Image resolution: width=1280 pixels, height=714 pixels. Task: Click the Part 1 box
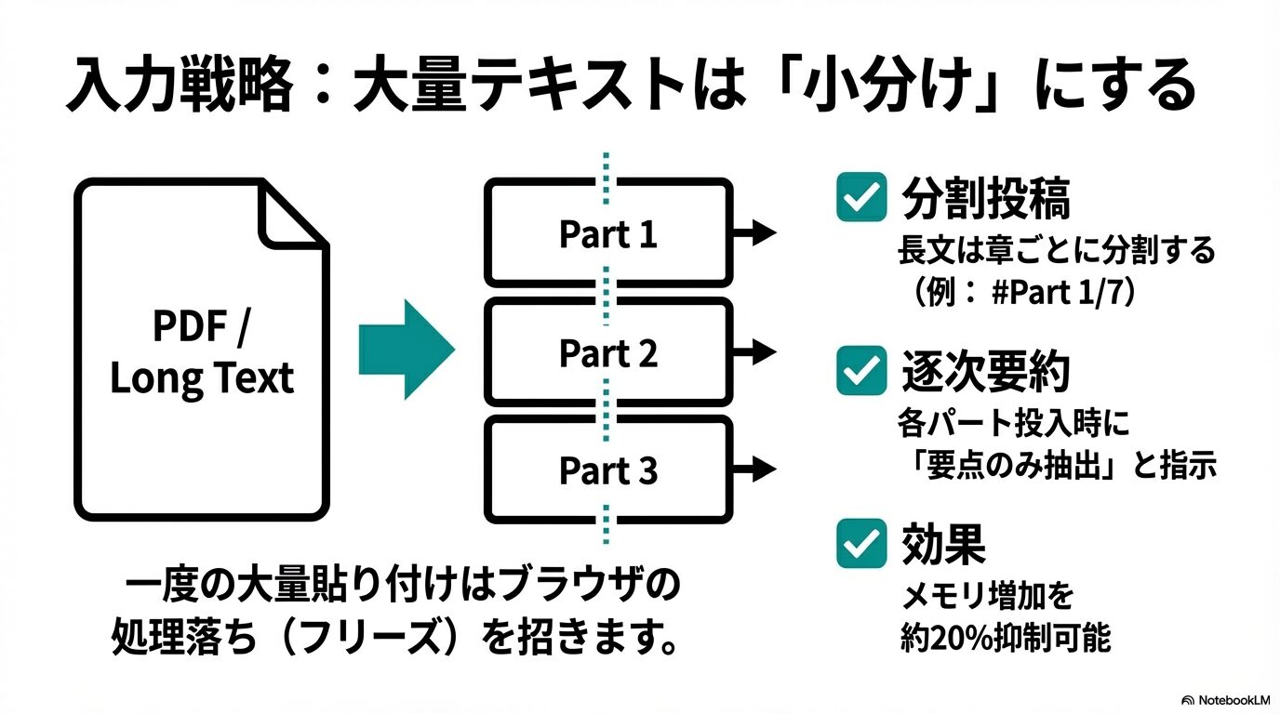pyautogui.click(x=607, y=233)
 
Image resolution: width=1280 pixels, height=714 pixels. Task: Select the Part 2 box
pyautogui.click(x=607, y=352)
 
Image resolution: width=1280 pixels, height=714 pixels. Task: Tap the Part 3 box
pyautogui.click(x=607, y=470)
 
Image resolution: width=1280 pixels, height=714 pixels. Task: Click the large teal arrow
pyautogui.click(x=407, y=350)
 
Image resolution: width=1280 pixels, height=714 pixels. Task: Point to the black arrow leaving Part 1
pyautogui.click(x=755, y=232)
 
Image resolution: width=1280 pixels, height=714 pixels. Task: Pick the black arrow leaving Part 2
pyautogui.click(x=755, y=351)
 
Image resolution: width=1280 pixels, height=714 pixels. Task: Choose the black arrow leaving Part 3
pyautogui.click(x=755, y=469)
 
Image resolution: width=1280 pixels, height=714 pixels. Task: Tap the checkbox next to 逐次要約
pyautogui.click(x=860, y=370)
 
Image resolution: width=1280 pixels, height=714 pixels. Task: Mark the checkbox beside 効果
pyautogui.click(x=860, y=543)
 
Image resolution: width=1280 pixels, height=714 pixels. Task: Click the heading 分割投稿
pyautogui.click(x=985, y=197)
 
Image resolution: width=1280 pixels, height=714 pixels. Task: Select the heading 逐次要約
pyautogui.click(x=985, y=371)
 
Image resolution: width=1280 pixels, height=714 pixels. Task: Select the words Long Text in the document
pyautogui.click(x=201, y=378)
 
